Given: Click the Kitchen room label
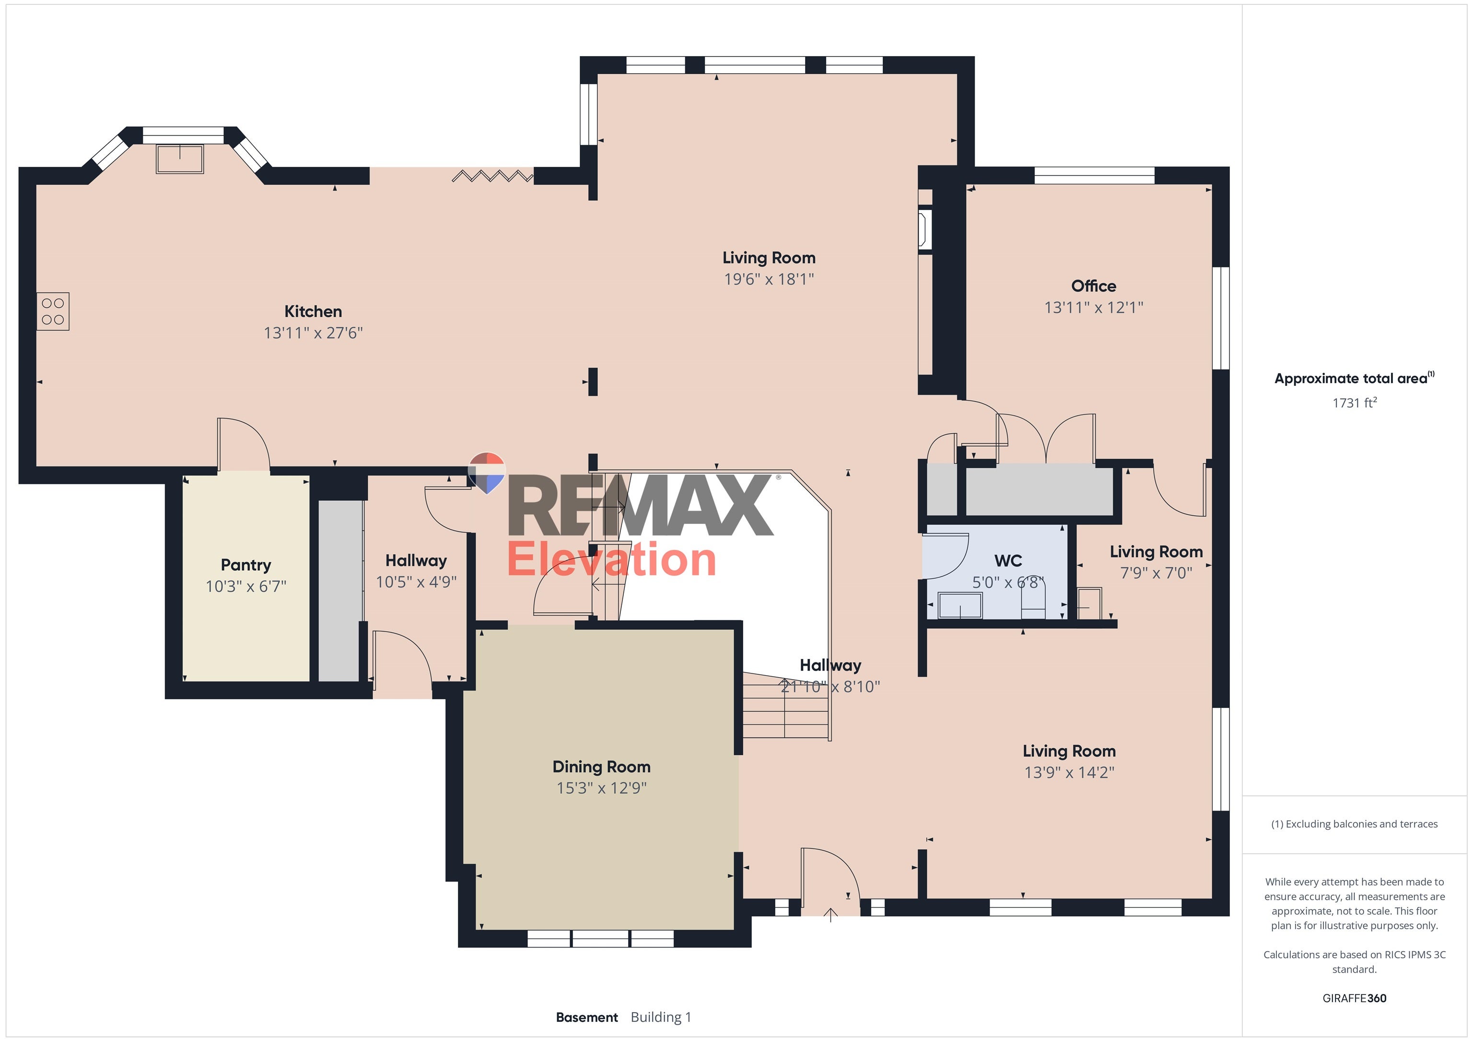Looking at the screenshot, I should click(x=313, y=312).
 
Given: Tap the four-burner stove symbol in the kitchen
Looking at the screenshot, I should click(x=53, y=312).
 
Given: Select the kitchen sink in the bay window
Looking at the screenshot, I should click(x=180, y=159).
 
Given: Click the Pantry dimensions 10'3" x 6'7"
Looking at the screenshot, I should click(x=245, y=586).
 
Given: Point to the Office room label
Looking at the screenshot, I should click(x=1093, y=286).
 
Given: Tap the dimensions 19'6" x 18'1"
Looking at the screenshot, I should click(x=769, y=279).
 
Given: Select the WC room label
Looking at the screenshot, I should click(x=1008, y=561).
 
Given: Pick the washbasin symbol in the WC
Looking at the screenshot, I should click(x=960, y=605).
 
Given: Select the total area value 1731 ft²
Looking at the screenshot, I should click(x=1354, y=403).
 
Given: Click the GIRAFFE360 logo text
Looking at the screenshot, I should click(x=1354, y=998).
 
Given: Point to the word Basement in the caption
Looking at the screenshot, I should click(x=586, y=1017).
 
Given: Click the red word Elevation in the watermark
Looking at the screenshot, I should click(x=611, y=559).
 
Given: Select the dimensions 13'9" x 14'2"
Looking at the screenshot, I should click(x=1069, y=772).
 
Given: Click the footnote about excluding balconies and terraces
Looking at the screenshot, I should click(x=1354, y=824).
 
